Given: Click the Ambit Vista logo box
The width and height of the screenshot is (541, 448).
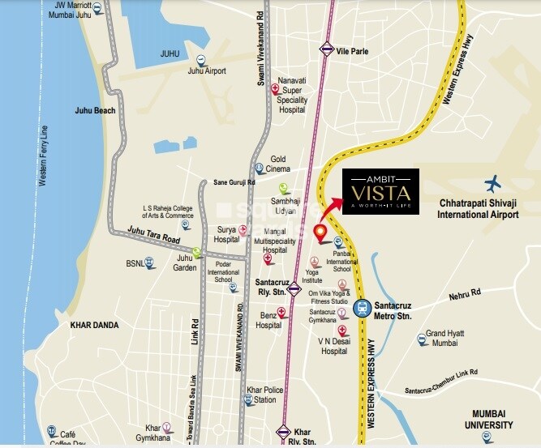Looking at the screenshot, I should point(380,192).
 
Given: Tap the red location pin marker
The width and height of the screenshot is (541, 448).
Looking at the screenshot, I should point(320,233).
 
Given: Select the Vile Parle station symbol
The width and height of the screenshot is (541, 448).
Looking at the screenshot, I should point(326,49).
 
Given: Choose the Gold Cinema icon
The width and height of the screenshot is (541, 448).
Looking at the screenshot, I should point(259,169).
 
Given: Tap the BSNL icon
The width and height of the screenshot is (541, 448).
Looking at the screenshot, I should point(149,263).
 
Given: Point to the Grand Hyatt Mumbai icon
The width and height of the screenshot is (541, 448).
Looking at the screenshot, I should point(422,339).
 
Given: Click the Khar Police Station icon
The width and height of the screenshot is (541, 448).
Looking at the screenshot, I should point(249,396).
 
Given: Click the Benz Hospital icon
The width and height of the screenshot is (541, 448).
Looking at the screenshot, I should point(281,313).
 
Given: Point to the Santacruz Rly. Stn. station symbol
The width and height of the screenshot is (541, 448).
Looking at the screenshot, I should point(294,286).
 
